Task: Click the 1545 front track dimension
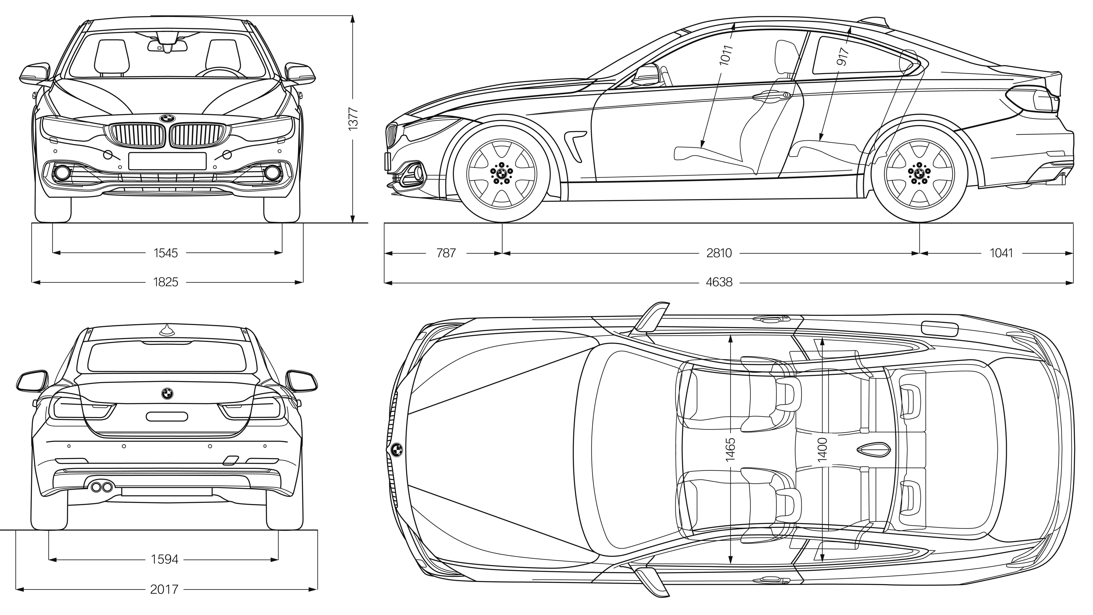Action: coord(166,253)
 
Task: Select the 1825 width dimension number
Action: coord(166,282)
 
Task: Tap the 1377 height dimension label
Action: coord(353,118)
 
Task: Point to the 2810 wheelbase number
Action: coord(719,253)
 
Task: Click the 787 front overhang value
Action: coord(446,253)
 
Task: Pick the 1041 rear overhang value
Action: coord(1001,253)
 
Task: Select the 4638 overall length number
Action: coord(719,282)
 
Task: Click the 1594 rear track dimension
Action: coord(165,560)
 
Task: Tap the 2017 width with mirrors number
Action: coord(164,589)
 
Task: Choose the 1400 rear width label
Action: coord(822,450)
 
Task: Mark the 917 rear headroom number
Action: coord(843,56)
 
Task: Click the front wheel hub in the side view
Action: coord(501,173)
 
